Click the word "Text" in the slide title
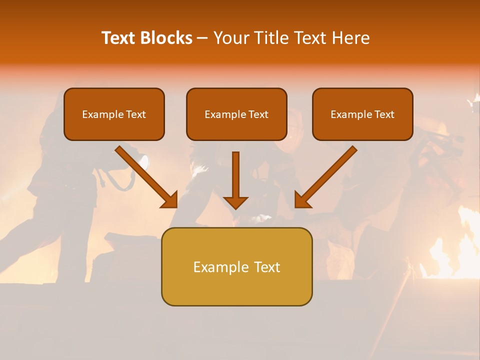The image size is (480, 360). pos(118,38)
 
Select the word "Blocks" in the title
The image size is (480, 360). pos(166,38)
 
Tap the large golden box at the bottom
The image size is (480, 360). pos(236,287)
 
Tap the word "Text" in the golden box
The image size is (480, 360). pos(267,267)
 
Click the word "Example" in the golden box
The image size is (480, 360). pos(221,267)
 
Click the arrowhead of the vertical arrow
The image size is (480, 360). pos(235,202)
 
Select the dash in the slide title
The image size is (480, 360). pos(202,38)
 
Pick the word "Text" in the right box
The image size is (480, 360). pos(384,114)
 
